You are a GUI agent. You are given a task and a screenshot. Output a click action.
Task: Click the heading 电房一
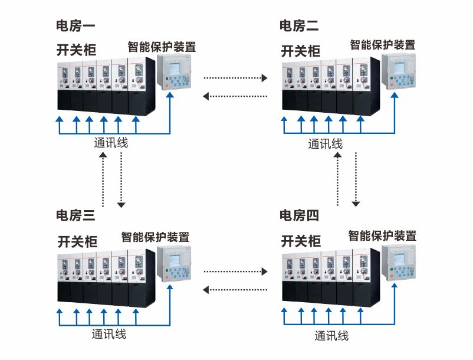pos(75,25)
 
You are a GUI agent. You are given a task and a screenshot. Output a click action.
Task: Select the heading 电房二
pos(299,25)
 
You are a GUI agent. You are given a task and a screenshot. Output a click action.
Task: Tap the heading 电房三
pos(75,215)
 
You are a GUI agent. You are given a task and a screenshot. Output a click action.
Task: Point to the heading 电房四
pos(299,215)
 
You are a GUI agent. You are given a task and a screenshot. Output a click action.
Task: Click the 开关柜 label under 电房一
pos(76,50)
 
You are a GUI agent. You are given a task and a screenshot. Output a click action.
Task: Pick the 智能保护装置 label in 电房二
pos(382,45)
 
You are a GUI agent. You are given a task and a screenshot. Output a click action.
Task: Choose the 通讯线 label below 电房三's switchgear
pos(109,334)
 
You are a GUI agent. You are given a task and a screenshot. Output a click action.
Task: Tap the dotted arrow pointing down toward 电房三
pos(121,179)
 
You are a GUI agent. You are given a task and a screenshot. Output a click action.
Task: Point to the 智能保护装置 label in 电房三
pos(155,237)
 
